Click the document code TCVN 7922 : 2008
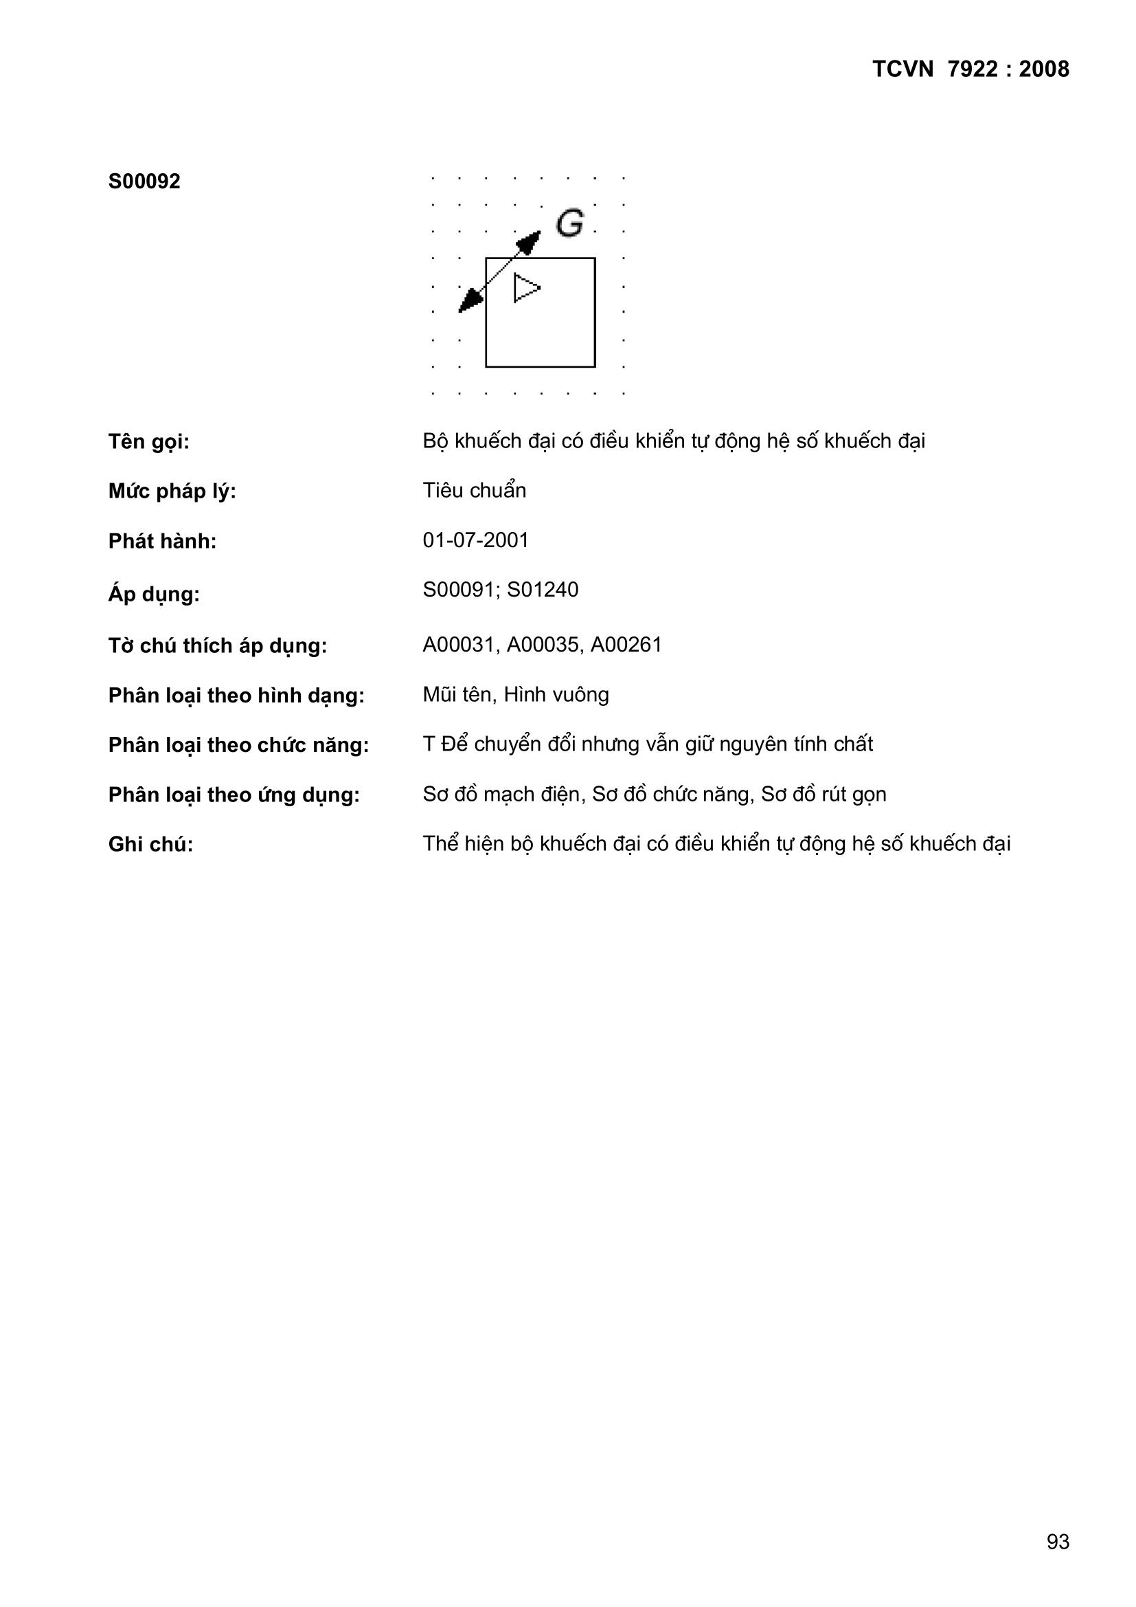click(970, 69)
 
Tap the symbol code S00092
click(144, 182)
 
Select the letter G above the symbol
click(569, 223)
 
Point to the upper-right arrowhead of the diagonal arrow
click(531, 241)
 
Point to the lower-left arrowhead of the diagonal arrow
click(469, 302)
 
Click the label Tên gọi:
click(149, 443)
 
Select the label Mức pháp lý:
click(172, 492)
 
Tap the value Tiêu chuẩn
click(475, 491)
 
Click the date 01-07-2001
click(476, 540)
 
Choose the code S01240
click(543, 590)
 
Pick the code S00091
click(459, 590)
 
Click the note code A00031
click(459, 645)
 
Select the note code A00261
click(626, 645)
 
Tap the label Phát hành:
click(162, 542)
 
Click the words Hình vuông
click(556, 695)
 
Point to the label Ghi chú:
click(150, 845)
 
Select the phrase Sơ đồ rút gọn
click(823, 795)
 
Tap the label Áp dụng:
click(154, 595)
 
